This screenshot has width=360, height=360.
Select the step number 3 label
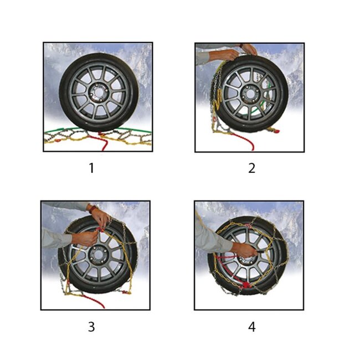91,327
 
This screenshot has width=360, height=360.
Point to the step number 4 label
251,327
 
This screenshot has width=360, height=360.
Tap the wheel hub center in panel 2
249,93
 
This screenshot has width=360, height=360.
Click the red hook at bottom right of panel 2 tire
272,131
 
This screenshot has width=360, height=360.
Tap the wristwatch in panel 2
241,46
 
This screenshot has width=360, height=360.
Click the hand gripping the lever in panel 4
244,251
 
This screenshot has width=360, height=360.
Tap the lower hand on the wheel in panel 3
83,239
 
